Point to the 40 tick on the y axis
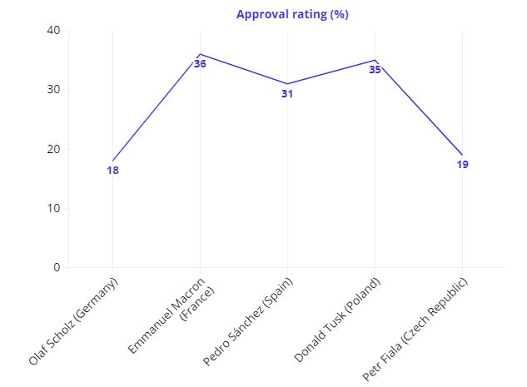pos(54,30)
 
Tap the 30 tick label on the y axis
pos(54,89)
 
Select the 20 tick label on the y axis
pos(54,149)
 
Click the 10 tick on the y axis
pos(54,208)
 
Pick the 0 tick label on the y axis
pos(57,267)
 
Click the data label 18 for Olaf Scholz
pos(112,171)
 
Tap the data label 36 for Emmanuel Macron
pos(200,64)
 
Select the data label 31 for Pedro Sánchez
pos(287,94)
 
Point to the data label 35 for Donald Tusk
pos(375,70)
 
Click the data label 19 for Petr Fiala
pos(462,165)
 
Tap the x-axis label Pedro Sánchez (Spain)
pos(249,321)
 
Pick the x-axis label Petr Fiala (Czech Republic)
pos(416,329)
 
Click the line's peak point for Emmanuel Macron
pos(200,54)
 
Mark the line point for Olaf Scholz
pos(112,161)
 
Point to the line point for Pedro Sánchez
pos(287,84)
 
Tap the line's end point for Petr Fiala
pos(462,155)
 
